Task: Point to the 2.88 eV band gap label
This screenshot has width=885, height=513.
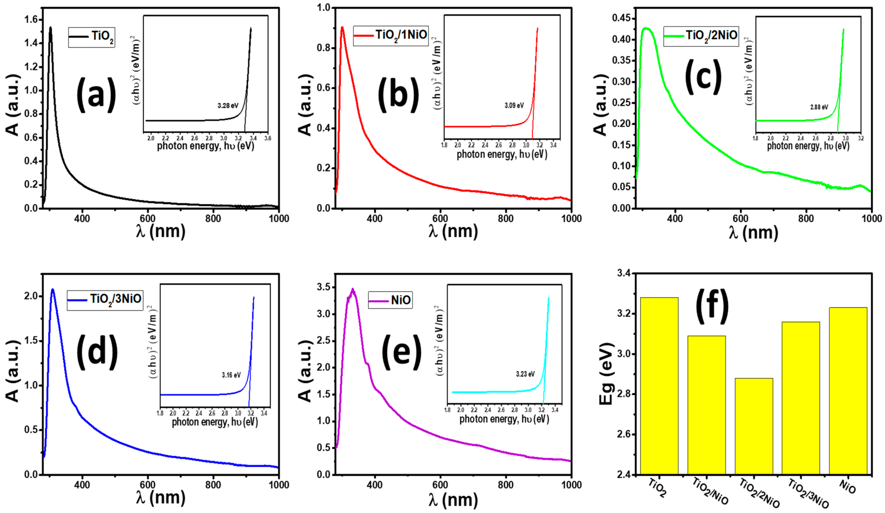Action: point(819,107)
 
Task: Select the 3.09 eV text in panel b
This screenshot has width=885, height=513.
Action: point(514,105)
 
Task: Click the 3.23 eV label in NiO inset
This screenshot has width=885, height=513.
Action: point(525,374)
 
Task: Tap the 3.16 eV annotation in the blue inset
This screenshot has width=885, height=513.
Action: point(231,375)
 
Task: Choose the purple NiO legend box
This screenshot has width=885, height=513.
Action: point(390,300)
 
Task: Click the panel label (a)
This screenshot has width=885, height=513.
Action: point(96,95)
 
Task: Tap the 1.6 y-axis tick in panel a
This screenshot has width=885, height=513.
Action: point(31,20)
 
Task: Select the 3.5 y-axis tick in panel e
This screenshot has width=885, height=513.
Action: point(324,288)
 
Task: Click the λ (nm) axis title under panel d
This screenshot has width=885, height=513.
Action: point(161,498)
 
